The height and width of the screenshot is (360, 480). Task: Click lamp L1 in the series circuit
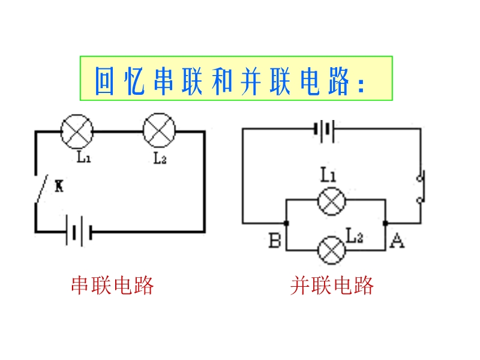pyautogui.click(x=78, y=131)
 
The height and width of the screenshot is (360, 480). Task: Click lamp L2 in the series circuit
pyautogui.click(x=159, y=131)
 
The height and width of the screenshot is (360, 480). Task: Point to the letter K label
pyautogui.click(x=59, y=187)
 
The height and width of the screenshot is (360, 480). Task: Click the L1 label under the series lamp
pyautogui.click(x=83, y=158)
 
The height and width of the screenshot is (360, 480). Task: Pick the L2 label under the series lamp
pyautogui.click(x=160, y=158)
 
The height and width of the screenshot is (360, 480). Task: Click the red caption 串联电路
pyautogui.click(x=113, y=286)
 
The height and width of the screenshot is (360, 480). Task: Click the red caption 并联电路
pyautogui.click(x=332, y=286)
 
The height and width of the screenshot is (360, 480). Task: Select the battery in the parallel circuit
pyautogui.click(x=325, y=130)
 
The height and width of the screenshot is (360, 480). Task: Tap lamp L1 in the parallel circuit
pyautogui.click(x=331, y=200)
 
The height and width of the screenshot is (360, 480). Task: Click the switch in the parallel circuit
pyautogui.click(x=420, y=187)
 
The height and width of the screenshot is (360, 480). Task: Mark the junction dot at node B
pyautogui.click(x=286, y=223)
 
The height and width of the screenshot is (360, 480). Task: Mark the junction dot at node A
pyautogui.click(x=385, y=223)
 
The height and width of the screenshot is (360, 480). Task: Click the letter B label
pyautogui.click(x=275, y=241)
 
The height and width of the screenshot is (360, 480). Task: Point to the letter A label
pyautogui.click(x=397, y=241)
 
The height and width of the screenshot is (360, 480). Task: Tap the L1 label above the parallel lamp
pyautogui.click(x=328, y=175)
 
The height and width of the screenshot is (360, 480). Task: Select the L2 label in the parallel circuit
pyautogui.click(x=355, y=236)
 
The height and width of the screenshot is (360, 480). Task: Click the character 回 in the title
pyautogui.click(x=104, y=80)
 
